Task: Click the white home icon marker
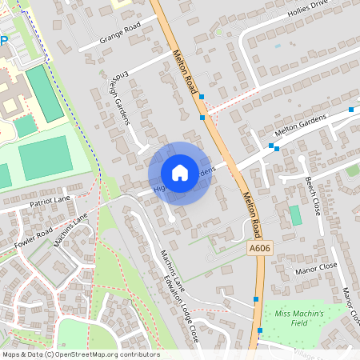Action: pos(180,173)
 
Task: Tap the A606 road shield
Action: pos(256,249)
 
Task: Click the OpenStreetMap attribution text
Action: pos(80,354)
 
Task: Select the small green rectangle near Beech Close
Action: pos(295,215)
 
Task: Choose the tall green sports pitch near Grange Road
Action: pos(43,94)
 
